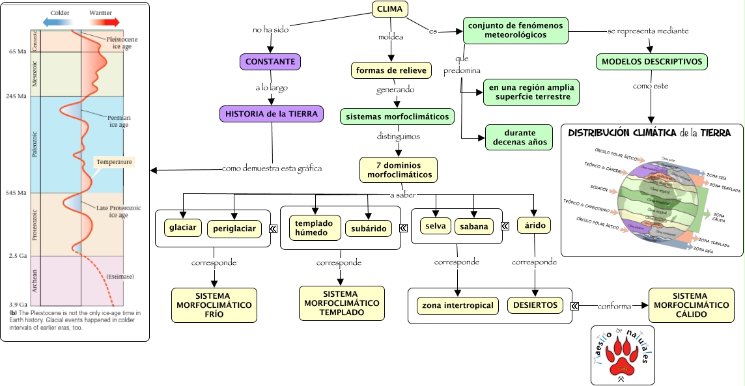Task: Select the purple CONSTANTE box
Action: point(271,62)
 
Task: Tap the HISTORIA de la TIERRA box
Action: point(272,114)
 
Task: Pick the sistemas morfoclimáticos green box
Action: point(397,117)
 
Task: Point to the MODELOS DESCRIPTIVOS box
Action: point(651,62)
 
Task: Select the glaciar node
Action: point(183,227)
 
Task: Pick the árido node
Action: point(534,226)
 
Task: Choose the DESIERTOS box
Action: point(535,305)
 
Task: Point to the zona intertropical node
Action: point(458,305)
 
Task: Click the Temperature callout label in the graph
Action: point(115,161)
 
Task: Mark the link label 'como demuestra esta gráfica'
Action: point(272,169)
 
